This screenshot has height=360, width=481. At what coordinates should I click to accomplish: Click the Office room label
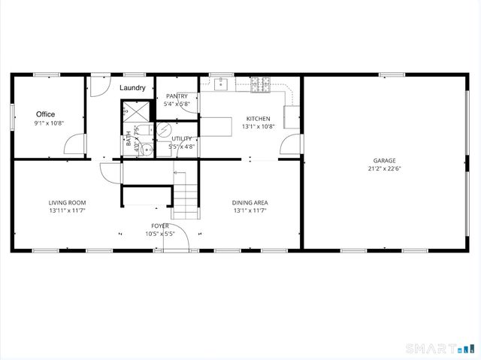(x=46, y=114)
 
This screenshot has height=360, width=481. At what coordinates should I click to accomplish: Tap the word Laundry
(x=132, y=89)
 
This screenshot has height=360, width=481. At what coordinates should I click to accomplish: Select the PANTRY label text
(x=177, y=96)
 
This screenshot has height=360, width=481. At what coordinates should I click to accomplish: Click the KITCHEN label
(x=258, y=119)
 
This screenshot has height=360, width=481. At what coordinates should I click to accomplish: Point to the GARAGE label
(x=384, y=160)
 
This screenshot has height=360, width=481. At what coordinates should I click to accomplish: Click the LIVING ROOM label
(x=68, y=202)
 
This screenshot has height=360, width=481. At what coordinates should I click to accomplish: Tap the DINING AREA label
(x=250, y=202)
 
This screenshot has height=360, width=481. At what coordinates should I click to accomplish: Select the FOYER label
(x=159, y=225)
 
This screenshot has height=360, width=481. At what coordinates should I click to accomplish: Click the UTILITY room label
(x=181, y=138)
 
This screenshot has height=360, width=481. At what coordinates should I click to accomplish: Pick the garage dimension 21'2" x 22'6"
(x=384, y=169)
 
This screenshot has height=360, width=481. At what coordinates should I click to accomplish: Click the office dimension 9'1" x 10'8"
(x=50, y=123)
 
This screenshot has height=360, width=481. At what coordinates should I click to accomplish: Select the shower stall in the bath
(x=136, y=112)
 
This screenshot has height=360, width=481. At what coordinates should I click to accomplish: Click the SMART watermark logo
(x=439, y=349)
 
